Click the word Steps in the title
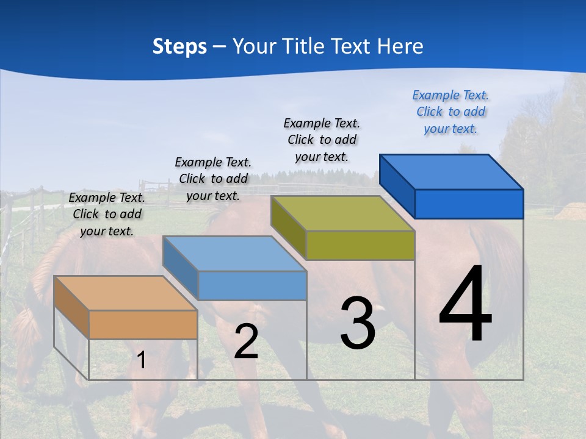click(179, 46)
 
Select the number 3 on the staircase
click(358, 323)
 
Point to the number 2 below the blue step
click(246, 341)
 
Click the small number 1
click(141, 360)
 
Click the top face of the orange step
click(125, 293)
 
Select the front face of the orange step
click(143, 324)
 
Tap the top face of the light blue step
click(234, 254)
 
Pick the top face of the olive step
click(342, 213)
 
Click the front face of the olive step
click(360, 245)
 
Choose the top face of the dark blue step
click(451, 172)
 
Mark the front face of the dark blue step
click(469, 204)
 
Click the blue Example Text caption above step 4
click(450, 112)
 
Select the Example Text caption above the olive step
click(322, 140)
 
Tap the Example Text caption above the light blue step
click(213, 179)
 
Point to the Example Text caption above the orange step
click(107, 214)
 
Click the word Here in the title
click(400, 46)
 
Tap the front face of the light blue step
click(252, 285)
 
